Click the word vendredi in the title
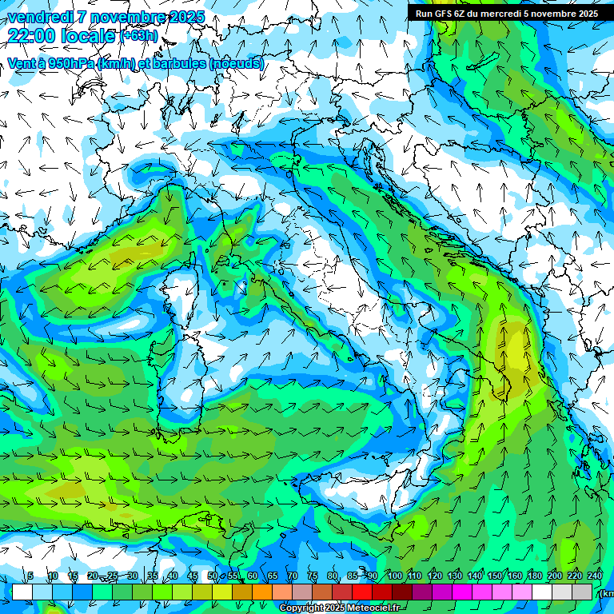(x=41, y=17)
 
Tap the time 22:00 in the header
(x=31, y=35)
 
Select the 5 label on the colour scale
(x=30, y=576)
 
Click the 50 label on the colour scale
(x=213, y=576)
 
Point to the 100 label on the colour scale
(x=394, y=576)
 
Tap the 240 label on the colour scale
(x=595, y=576)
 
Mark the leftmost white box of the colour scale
(x=22, y=592)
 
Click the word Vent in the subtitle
(x=22, y=63)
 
